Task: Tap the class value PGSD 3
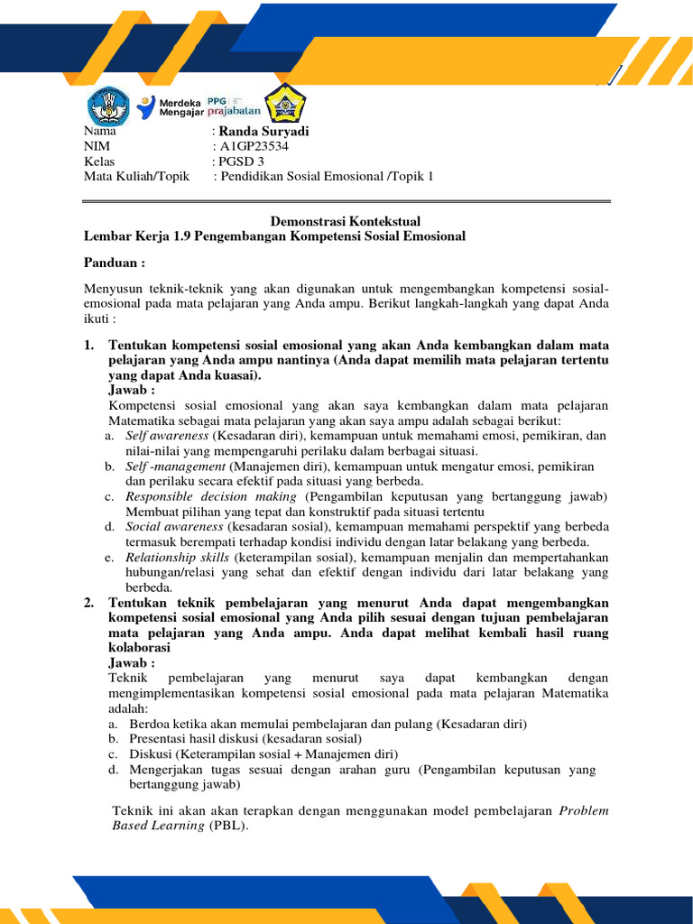241,162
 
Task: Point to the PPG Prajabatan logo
234,106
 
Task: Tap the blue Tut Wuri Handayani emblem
108,106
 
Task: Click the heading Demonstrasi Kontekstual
346,221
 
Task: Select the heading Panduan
115,263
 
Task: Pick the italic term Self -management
176,467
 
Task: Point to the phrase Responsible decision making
210,497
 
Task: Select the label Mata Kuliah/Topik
136,177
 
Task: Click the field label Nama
99,131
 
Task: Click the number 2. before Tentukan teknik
89,603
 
